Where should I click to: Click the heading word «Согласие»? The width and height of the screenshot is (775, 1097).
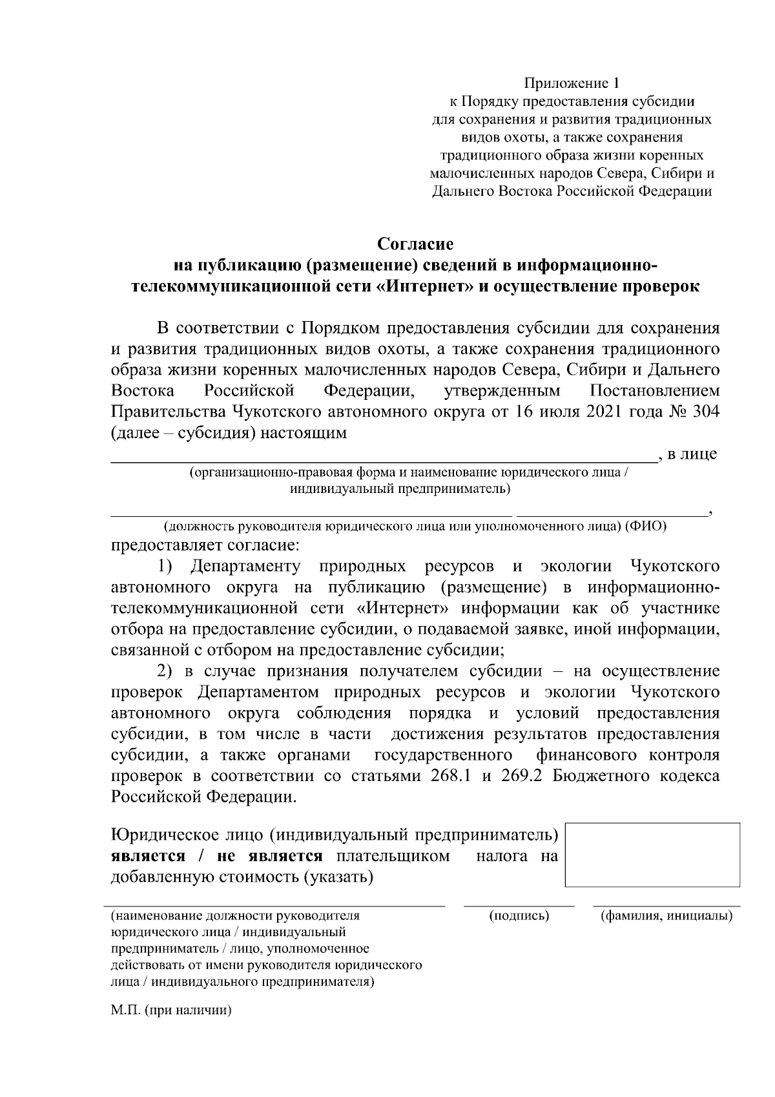pos(415,244)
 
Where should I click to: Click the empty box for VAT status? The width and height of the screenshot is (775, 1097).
pos(652,855)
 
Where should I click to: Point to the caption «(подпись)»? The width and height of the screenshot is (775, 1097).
pos(519,915)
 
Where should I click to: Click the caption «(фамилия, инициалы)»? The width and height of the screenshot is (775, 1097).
pos(666,915)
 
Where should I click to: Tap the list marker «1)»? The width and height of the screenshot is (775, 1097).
pos(166,567)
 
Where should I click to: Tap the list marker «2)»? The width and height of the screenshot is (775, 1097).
pos(166,671)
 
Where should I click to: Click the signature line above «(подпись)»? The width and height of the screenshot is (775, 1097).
pos(519,906)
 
